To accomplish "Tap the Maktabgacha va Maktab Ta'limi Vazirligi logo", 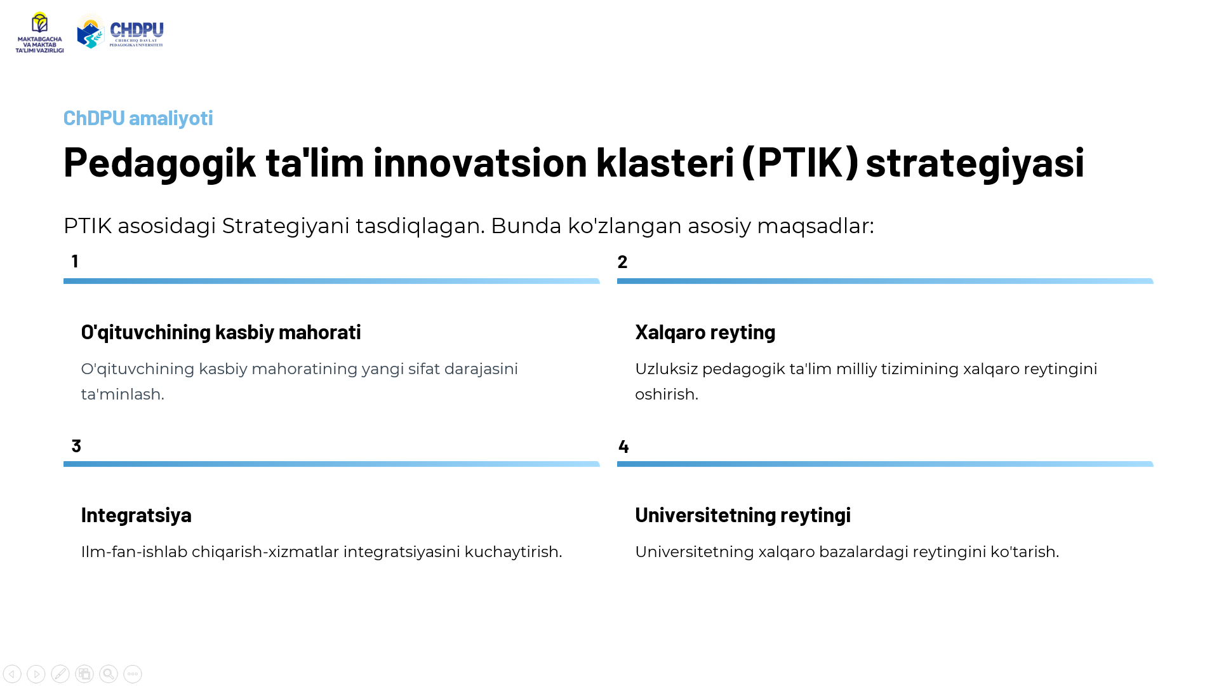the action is coord(39,32).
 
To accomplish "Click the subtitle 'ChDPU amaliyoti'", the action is coord(138,118).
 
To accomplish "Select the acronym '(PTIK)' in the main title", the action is coord(800,161).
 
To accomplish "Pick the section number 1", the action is coord(75,261).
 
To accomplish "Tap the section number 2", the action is coord(622,262).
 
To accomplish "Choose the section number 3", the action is coord(76,446).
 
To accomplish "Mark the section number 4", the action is coord(623,447).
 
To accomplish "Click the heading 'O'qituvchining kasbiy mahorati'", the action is coord(221,332).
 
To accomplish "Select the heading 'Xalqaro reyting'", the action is coord(705,332).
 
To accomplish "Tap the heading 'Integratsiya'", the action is coord(137,515).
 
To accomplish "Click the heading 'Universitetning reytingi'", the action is coord(743,515).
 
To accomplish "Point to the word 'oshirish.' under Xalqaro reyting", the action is coord(667,394).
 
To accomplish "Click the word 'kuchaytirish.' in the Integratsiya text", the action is coord(514,552).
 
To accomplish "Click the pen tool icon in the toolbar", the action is coord(60,674).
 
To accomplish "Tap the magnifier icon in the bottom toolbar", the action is coord(109,674).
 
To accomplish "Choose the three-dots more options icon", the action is coord(133,674).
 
